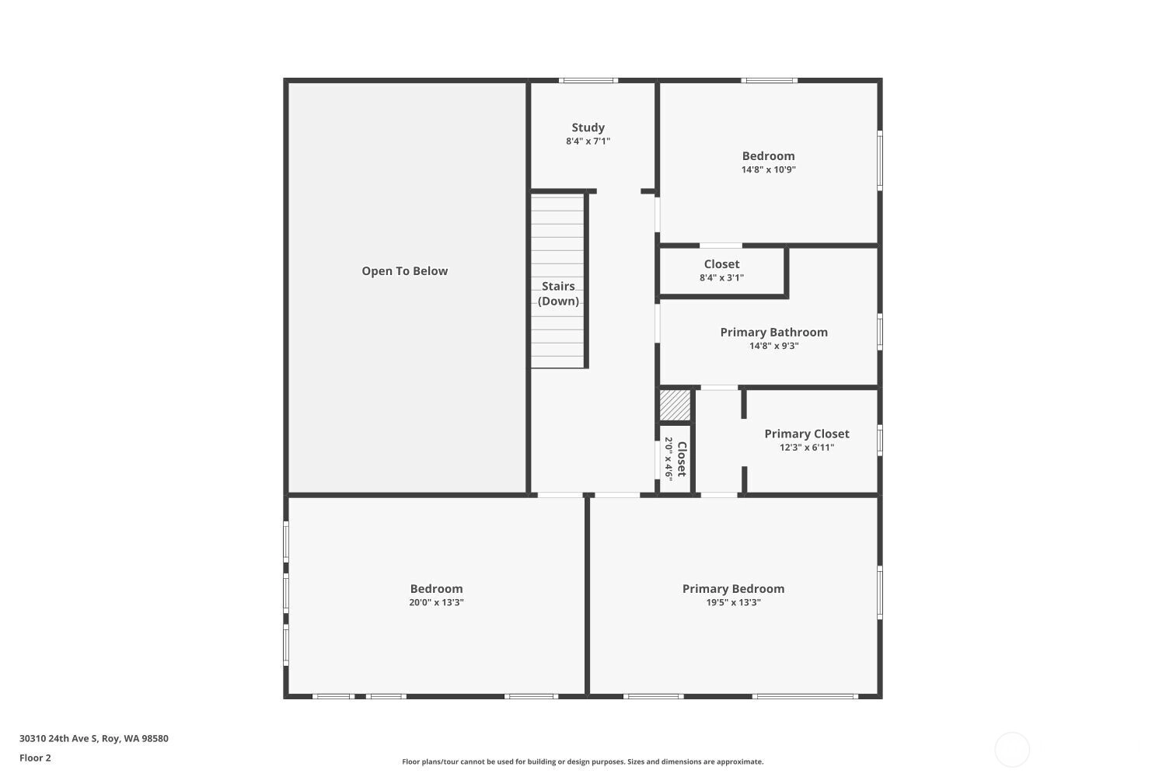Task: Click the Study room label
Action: (588, 127)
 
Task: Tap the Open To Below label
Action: (404, 270)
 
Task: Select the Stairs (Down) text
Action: (558, 294)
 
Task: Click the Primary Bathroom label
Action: (773, 332)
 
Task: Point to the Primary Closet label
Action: (806, 434)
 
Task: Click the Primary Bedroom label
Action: (733, 589)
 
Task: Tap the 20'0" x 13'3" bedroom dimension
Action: (436, 603)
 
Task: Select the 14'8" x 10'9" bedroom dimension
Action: (768, 169)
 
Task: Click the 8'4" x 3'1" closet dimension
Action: (721, 278)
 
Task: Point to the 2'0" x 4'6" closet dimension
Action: (669, 458)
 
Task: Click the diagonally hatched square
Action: (676, 405)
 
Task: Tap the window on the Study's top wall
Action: (588, 81)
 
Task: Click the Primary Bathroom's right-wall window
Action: (880, 332)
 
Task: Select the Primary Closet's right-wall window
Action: (880, 441)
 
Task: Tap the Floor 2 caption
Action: (36, 758)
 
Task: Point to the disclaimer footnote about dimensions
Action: (582, 762)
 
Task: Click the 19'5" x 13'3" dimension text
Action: (733, 603)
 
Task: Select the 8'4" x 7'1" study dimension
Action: (588, 141)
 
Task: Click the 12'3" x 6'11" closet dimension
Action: (806, 448)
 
